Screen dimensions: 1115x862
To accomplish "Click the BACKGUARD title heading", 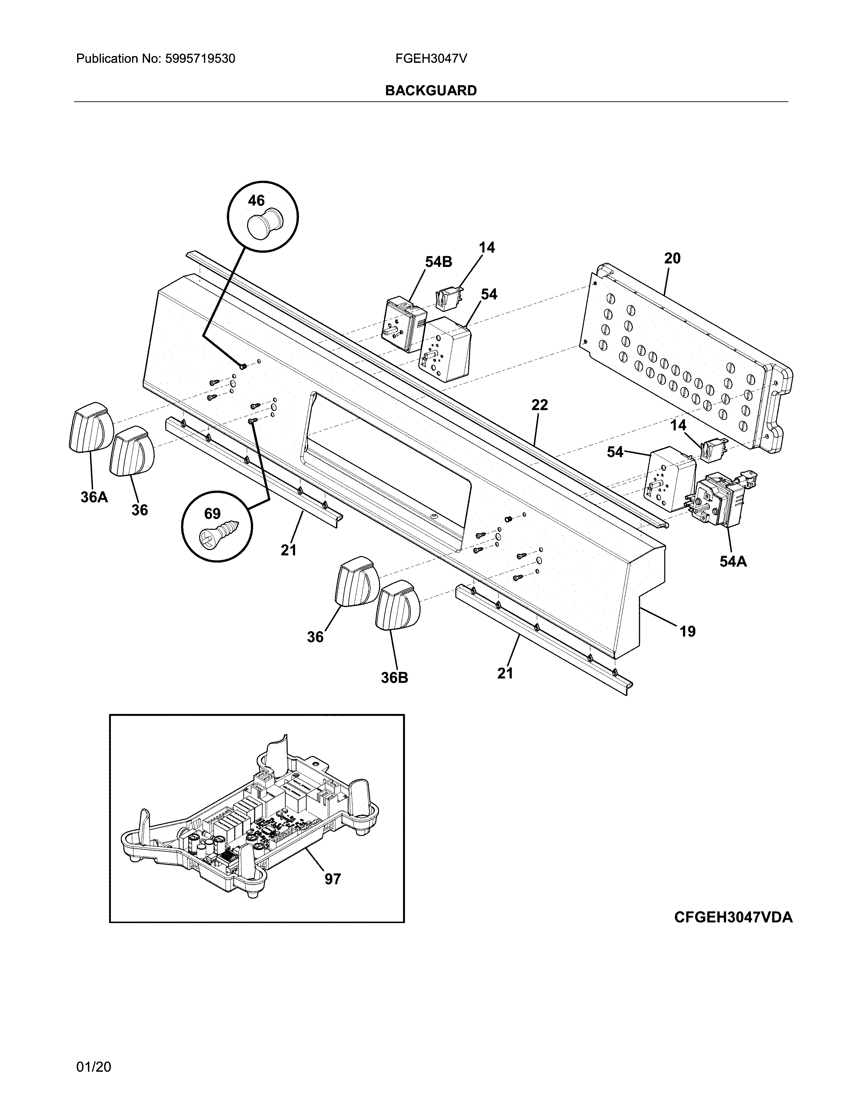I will coord(430,91).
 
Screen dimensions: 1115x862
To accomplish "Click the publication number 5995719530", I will coord(200,59).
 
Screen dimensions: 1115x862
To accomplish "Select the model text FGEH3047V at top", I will coord(430,59).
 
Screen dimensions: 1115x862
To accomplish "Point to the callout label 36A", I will coord(94,497).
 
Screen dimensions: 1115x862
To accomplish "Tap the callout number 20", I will coord(672,258).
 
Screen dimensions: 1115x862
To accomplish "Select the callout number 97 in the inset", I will coord(332,879).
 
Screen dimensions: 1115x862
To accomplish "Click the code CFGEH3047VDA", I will coord(733,917).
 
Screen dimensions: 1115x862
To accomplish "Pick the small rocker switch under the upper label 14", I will coord(448,298).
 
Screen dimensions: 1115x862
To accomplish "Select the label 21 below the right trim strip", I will coord(505,673).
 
